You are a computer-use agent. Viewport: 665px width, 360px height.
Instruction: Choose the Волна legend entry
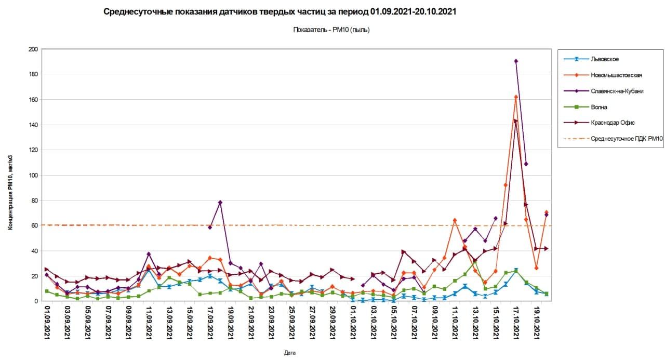[598, 107]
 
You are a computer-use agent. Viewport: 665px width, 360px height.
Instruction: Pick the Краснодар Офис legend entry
[613, 123]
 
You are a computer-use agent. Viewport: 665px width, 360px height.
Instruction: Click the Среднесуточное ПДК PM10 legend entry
[627, 139]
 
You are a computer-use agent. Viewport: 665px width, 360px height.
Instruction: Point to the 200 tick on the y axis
[33, 49]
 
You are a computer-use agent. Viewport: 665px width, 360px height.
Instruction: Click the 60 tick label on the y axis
[35, 225]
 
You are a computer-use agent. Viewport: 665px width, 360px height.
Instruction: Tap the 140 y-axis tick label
[33, 125]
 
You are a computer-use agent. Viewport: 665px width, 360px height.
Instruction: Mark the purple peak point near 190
[516, 61]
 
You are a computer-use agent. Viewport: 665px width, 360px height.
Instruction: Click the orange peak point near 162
[516, 97]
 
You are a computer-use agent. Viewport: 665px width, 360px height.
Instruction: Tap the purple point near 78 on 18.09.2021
[220, 202]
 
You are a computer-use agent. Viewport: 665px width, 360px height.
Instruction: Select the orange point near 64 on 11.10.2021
[455, 220]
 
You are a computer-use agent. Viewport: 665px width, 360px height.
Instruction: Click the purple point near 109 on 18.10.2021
[526, 164]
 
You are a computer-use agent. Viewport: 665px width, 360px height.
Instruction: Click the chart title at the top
[280, 11]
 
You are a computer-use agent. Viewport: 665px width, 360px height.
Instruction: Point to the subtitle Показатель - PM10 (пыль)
[331, 30]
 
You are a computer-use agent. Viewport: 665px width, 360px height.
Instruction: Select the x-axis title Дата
[290, 353]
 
